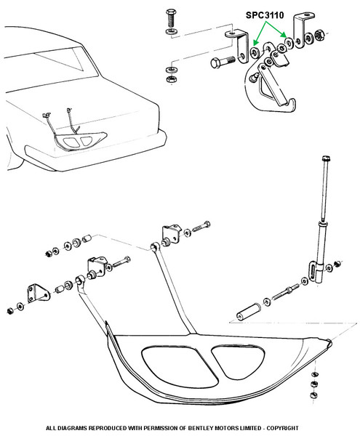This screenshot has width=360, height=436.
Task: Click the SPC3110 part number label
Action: pyautogui.click(x=265, y=15)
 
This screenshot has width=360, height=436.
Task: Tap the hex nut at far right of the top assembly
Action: pyautogui.click(x=319, y=35)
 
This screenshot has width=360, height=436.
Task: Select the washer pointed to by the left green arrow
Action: pyautogui.click(x=255, y=52)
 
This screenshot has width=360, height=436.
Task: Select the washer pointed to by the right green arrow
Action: pyautogui.click(x=289, y=43)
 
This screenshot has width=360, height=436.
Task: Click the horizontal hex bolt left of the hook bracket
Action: pyautogui.click(x=223, y=62)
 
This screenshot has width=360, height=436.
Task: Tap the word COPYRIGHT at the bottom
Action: pyautogui.click(x=282, y=428)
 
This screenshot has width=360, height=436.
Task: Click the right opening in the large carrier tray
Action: pyautogui.click(x=239, y=361)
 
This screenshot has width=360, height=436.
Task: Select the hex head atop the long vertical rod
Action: pyautogui.click(x=327, y=158)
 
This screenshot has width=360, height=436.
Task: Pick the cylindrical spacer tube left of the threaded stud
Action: pyautogui.click(x=249, y=312)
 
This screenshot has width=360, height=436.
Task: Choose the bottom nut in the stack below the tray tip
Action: pyautogui.click(x=313, y=395)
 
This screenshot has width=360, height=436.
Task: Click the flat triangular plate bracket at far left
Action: pyautogui.click(x=39, y=294)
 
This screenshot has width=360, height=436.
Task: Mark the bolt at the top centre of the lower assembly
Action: pyautogui.click(x=201, y=227)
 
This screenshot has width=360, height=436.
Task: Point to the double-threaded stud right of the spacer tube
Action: pyautogui.click(x=284, y=293)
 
